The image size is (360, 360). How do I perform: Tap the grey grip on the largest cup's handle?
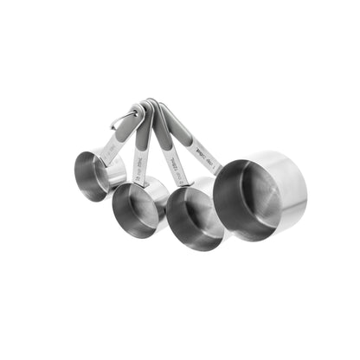177,125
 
